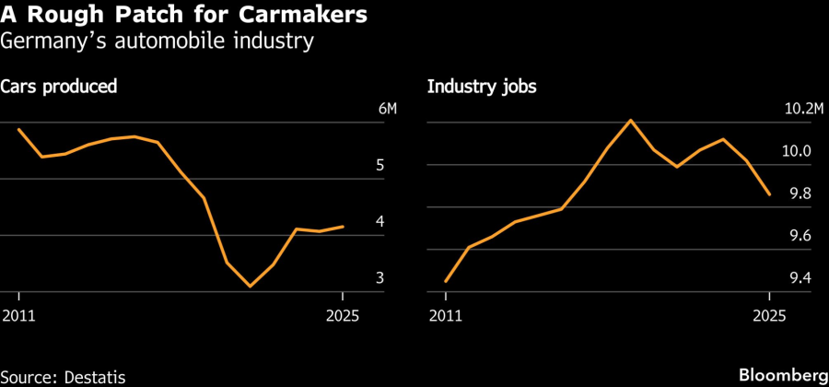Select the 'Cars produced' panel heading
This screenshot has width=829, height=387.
click(59, 88)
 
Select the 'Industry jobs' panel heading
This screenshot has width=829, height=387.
click(482, 88)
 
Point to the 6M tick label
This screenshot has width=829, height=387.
click(388, 110)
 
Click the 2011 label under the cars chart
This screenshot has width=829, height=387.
click(19, 316)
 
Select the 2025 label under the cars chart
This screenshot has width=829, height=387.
click(342, 316)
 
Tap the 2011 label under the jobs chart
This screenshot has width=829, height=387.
click(446, 316)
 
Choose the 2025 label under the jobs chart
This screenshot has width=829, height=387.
click(769, 316)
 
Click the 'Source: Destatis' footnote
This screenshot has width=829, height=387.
click(63, 376)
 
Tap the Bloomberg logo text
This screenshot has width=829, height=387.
click(783, 376)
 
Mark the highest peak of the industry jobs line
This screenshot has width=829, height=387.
click(630, 120)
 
